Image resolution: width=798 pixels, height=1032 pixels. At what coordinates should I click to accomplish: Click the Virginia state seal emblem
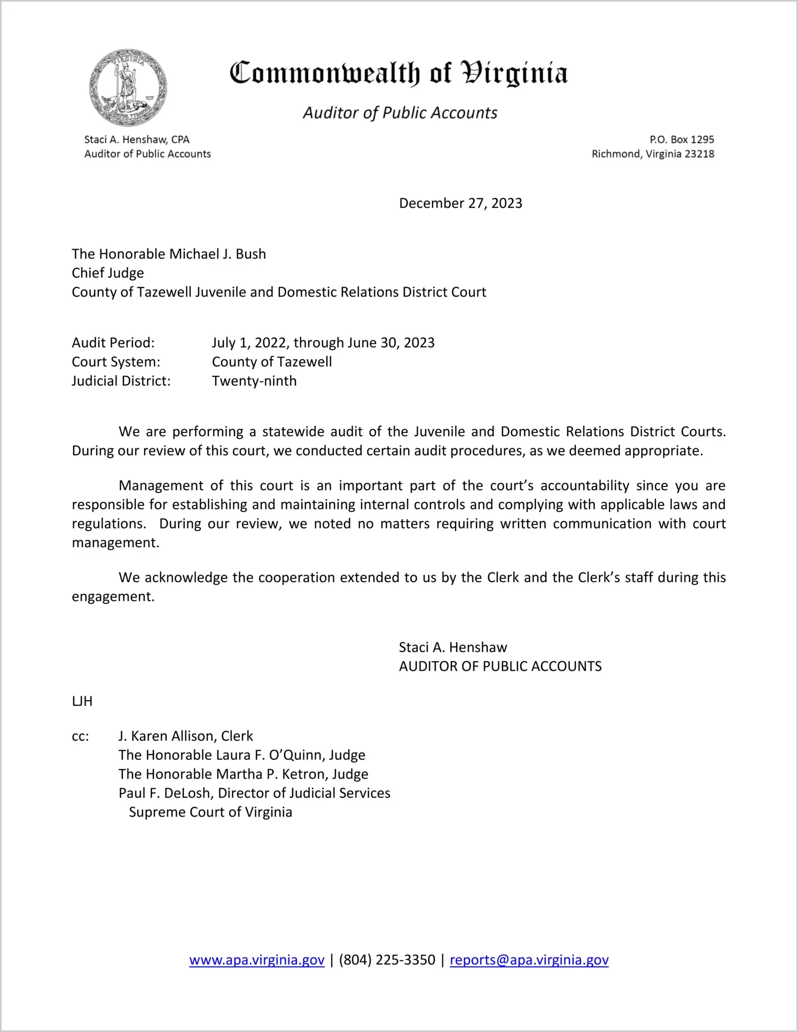128,88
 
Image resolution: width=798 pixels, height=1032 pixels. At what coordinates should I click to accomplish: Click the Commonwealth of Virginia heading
398,73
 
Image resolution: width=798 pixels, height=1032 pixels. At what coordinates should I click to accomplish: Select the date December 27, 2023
460,204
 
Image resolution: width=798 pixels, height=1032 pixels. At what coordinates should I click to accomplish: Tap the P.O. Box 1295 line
682,139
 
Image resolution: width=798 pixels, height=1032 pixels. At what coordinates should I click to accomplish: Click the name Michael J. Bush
217,254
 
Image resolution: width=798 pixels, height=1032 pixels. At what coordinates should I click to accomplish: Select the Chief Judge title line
108,273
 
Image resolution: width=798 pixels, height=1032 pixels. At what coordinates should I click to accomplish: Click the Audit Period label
113,343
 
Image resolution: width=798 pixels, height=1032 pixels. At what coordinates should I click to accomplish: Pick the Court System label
116,362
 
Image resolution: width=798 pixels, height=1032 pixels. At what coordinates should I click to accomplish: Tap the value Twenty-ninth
254,381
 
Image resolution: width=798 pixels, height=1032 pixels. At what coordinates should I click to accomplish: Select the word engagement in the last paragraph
113,596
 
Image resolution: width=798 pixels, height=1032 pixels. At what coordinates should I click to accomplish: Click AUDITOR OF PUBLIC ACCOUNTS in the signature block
500,666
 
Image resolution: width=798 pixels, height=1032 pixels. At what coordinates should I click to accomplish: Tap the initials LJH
82,701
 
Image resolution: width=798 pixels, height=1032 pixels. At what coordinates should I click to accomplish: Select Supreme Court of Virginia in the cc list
210,812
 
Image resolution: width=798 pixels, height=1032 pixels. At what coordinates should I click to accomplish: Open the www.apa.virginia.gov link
257,960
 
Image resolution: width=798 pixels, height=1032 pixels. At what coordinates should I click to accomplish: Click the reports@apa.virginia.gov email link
529,960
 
